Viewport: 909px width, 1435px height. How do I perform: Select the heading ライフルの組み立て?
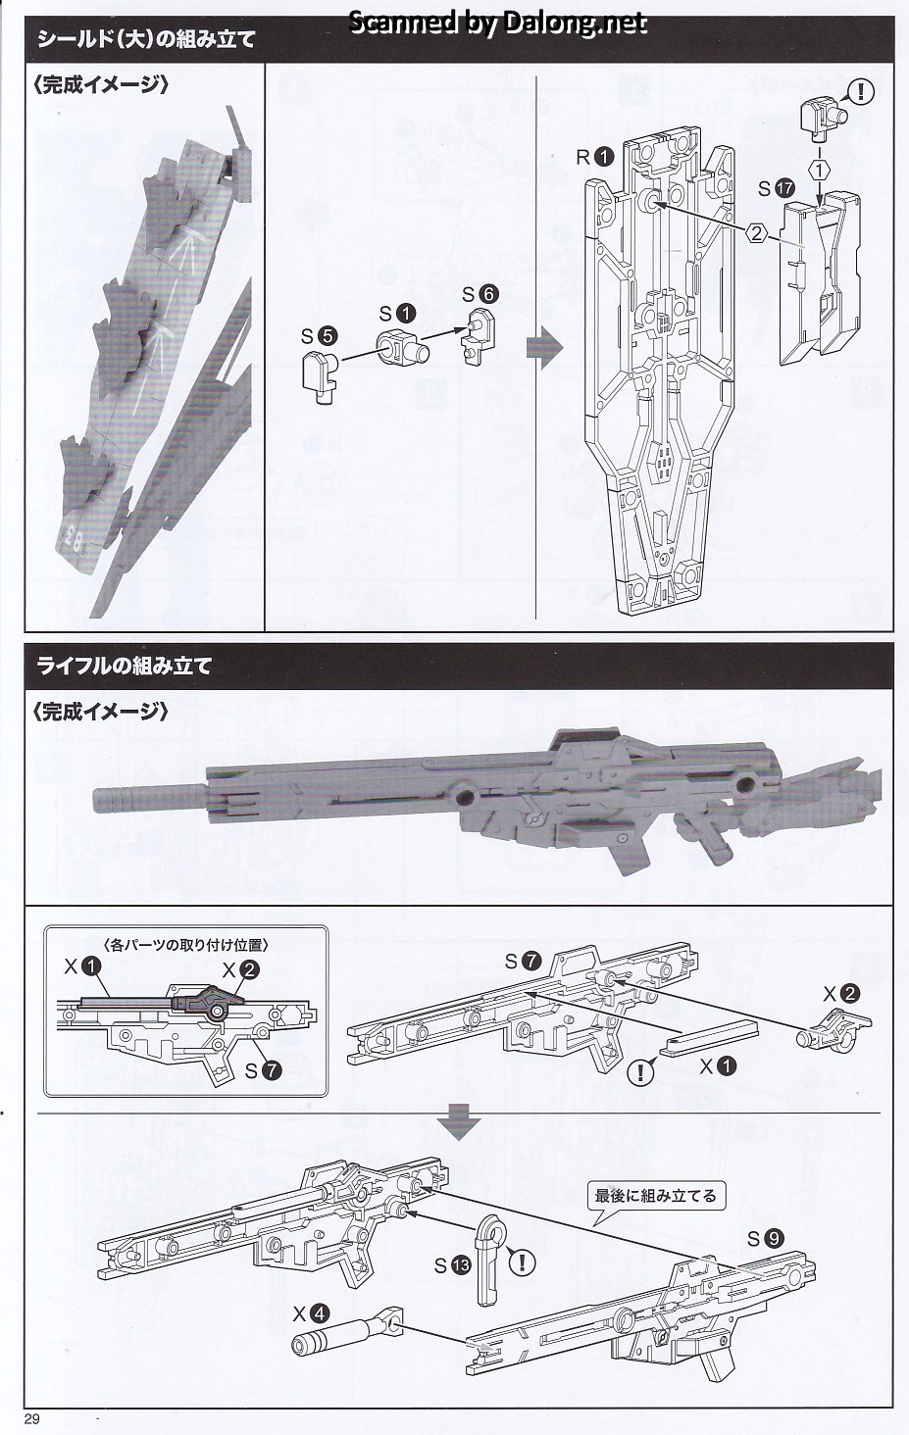click(124, 666)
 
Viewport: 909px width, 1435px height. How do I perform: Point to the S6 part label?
click(480, 294)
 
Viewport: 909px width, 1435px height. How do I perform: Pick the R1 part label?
click(594, 156)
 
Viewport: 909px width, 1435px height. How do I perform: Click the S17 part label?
click(775, 187)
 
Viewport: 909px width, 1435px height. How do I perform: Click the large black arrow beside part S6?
click(543, 346)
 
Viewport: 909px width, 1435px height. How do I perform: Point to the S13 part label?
click(453, 1265)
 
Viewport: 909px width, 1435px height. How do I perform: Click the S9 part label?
click(766, 1239)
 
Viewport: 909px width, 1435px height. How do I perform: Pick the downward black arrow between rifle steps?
click(458, 1123)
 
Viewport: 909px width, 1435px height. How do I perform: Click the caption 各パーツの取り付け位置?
click(185, 945)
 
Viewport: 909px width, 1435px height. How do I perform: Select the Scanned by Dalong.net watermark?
click(498, 22)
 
